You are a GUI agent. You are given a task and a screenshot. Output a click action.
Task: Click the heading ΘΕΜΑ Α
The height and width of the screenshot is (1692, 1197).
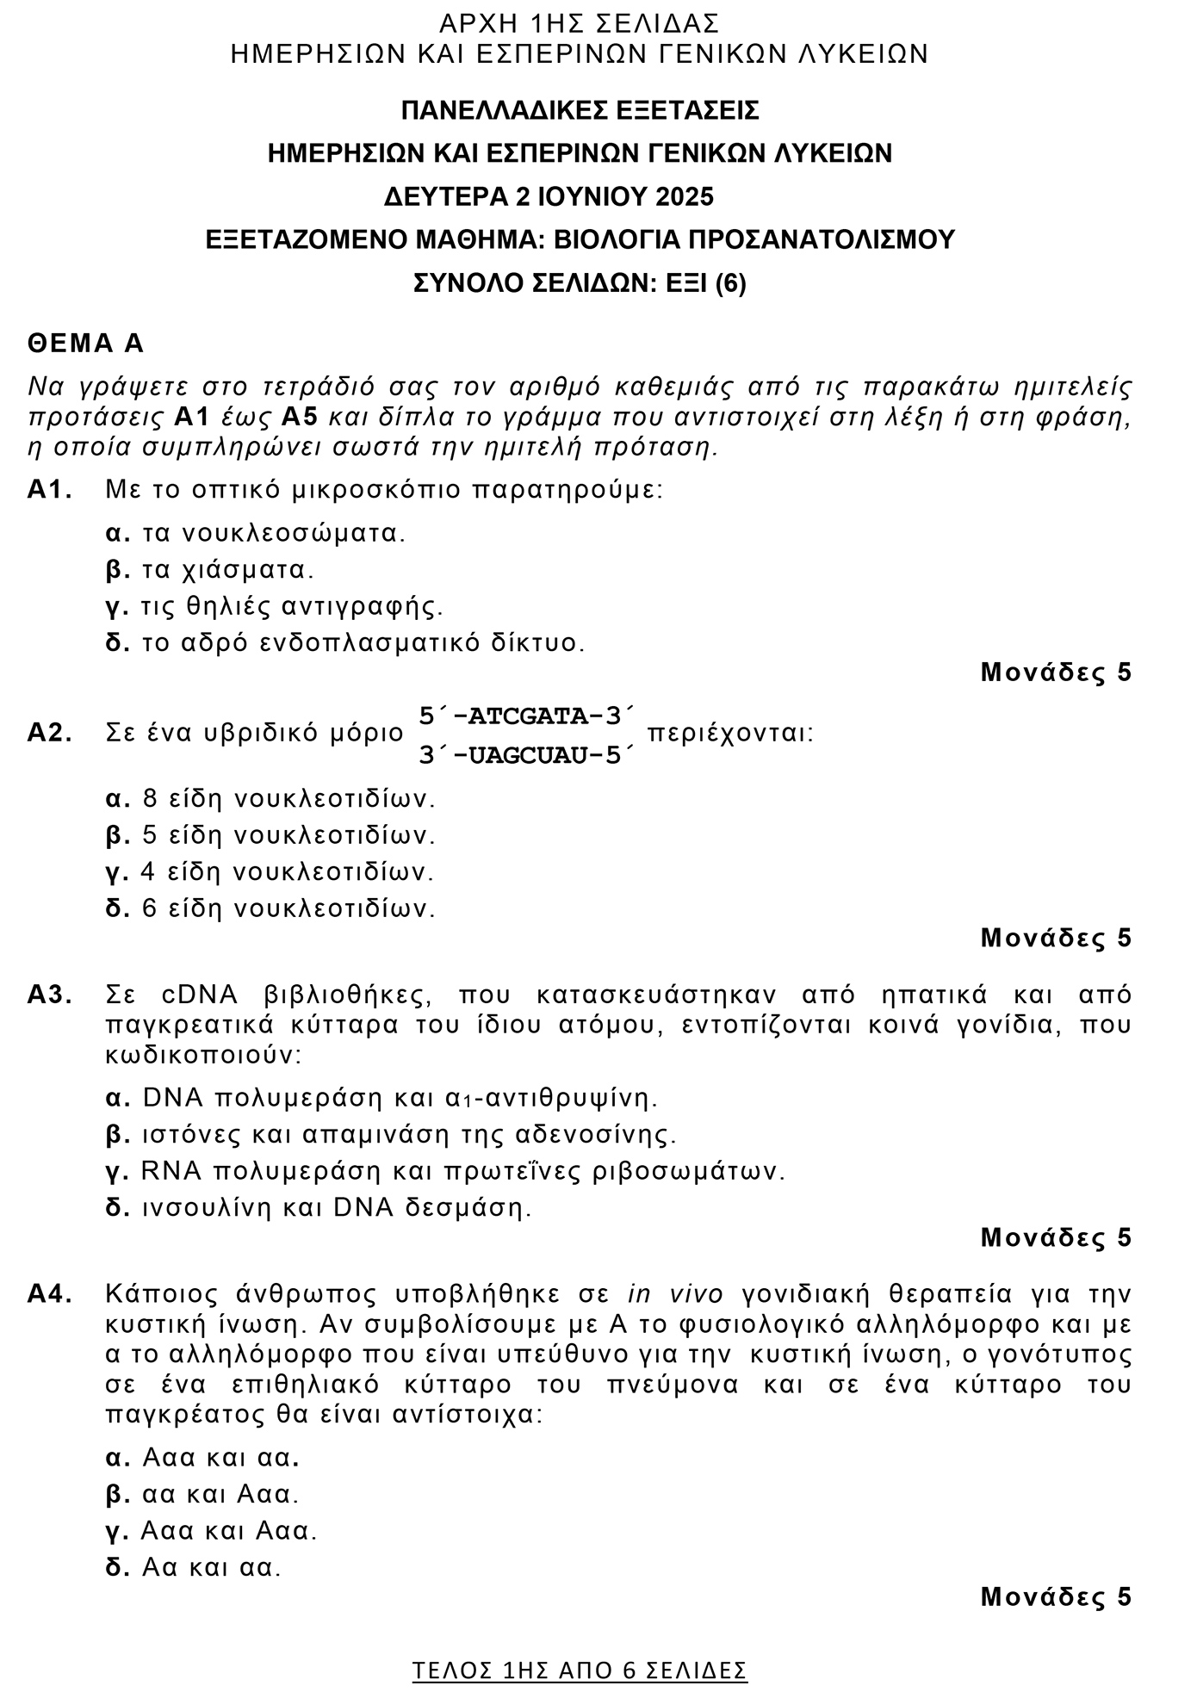pyautogui.click(x=86, y=344)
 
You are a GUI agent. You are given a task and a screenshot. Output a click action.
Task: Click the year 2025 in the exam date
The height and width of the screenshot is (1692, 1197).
pyautogui.click(x=685, y=197)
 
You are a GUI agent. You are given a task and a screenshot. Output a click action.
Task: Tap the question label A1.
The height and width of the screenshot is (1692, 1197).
pyautogui.click(x=49, y=490)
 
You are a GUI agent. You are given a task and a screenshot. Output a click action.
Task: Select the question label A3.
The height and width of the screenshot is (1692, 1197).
pyautogui.click(x=49, y=995)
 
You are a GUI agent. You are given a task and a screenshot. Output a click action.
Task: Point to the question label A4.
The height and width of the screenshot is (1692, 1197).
pyautogui.click(x=49, y=1294)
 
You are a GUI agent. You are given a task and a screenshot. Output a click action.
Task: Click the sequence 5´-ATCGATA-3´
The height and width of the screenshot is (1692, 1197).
pyautogui.click(x=526, y=716)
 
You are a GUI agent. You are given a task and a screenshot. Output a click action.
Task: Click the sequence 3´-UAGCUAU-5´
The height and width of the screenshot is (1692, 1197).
pyautogui.click(x=526, y=755)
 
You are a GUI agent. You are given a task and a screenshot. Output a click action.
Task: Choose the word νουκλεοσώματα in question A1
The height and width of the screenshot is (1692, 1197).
pyautogui.click(x=293, y=533)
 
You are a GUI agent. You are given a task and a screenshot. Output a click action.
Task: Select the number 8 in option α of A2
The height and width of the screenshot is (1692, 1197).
pyautogui.click(x=150, y=799)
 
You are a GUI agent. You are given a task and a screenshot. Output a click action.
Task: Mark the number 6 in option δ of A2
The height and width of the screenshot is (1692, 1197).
pyautogui.click(x=150, y=908)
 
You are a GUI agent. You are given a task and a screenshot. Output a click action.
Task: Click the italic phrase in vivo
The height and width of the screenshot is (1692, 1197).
pyautogui.click(x=675, y=1294)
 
